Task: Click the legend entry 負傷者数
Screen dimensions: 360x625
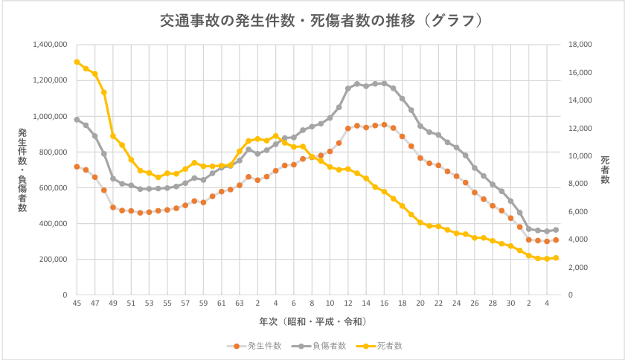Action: click(320, 346)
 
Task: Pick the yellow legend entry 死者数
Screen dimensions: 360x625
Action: click(379, 346)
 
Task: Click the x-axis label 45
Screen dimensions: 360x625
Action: click(77, 303)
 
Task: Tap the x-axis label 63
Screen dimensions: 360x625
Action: click(240, 303)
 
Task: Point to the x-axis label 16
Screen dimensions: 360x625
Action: click(384, 303)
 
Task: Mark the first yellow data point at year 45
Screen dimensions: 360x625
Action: click(77, 62)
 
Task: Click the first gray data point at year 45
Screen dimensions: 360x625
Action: click(77, 119)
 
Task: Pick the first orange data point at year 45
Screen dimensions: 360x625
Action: click(77, 167)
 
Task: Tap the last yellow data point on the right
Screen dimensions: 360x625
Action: click(556, 258)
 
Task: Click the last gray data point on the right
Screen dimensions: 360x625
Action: click(556, 230)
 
